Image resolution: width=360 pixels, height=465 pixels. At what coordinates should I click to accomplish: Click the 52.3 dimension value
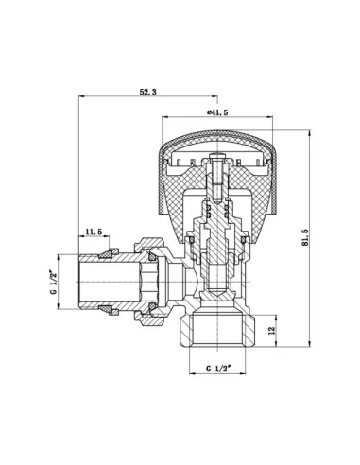click(x=149, y=92)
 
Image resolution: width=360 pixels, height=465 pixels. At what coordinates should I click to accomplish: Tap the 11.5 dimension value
click(x=94, y=232)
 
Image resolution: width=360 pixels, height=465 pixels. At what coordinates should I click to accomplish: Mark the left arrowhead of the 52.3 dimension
click(x=83, y=97)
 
